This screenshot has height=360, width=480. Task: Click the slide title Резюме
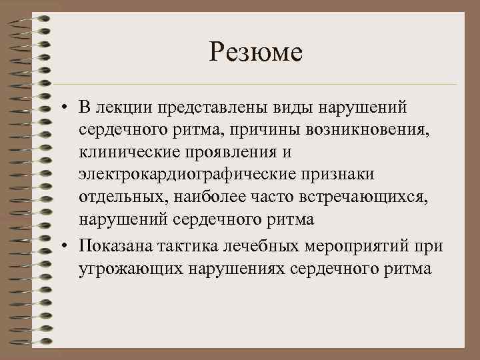tap(255, 51)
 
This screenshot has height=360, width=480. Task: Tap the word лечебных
tap(249, 247)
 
